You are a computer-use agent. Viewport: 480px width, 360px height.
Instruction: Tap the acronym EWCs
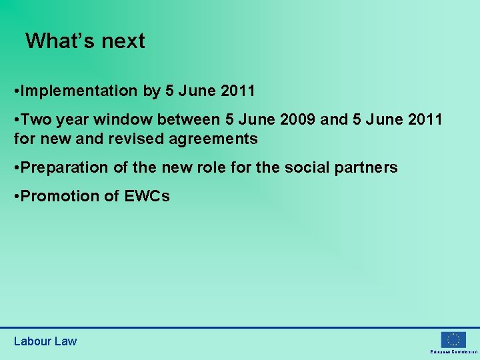147,197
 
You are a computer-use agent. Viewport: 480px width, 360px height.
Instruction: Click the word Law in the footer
65,341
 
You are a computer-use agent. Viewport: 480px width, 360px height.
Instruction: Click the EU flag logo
453,339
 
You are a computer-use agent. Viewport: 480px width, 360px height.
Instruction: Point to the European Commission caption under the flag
453,351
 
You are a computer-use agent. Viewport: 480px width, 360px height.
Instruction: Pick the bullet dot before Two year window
17,120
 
